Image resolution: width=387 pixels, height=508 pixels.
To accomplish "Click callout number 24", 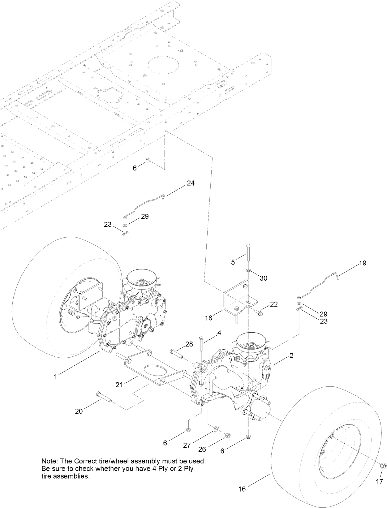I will tap(191, 183).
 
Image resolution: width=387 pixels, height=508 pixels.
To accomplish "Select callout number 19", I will tap(363, 263).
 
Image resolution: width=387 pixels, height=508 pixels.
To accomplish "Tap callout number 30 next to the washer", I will tap(263, 278).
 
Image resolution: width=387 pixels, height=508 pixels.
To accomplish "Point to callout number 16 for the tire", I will tap(242, 489).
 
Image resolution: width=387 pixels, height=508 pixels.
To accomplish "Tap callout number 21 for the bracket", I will tap(119, 385).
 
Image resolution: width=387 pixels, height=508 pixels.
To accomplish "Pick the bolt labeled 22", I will tap(259, 312).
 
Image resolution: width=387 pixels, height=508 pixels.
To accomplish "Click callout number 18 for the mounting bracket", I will tap(209, 318).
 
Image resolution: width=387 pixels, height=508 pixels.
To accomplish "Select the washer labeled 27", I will tap(215, 428).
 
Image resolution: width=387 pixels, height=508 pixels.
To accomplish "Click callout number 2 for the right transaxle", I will tap(291, 356).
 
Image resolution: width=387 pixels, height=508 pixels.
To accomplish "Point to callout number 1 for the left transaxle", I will tap(56, 377).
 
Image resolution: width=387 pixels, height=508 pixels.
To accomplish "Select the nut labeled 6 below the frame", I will tap(148, 160).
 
